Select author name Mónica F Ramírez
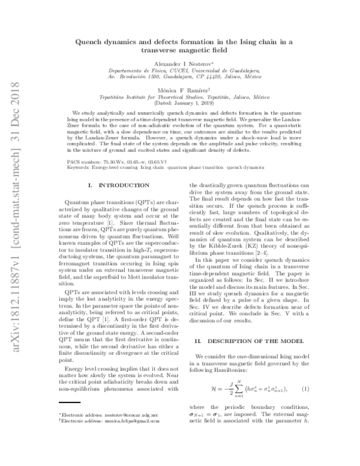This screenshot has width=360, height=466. (180, 90)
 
